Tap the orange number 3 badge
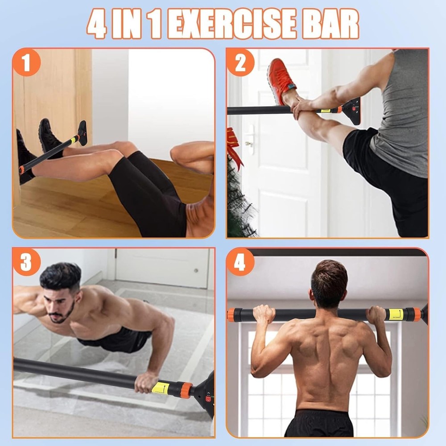point(26,262)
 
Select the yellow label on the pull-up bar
point(395,314)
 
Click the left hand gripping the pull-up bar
point(264,314)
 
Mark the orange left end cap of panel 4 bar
point(231,314)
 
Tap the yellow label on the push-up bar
point(161,387)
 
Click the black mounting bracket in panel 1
point(82,133)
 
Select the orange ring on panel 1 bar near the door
point(21,170)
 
